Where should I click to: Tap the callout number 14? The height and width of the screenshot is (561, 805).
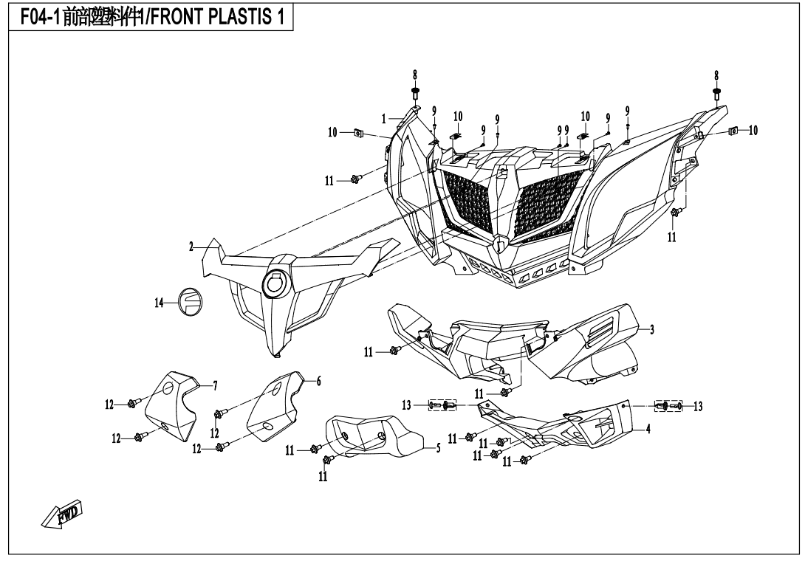[x=160, y=303]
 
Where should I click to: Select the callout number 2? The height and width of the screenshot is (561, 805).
[x=191, y=248]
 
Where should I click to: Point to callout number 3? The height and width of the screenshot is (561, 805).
[x=652, y=330]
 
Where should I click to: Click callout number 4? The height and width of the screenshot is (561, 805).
[x=648, y=429]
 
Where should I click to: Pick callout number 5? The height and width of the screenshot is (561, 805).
[x=438, y=447]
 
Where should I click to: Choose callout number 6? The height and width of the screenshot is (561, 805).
[x=318, y=381]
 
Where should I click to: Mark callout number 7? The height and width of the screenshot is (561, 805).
[x=215, y=386]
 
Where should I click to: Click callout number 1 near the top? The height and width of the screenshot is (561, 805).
[x=385, y=118]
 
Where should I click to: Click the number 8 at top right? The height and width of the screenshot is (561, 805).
[x=716, y=75]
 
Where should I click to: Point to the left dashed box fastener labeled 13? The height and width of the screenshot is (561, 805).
[x=442, y=405]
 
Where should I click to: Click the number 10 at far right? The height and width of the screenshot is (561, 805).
[x=753, y=131]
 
